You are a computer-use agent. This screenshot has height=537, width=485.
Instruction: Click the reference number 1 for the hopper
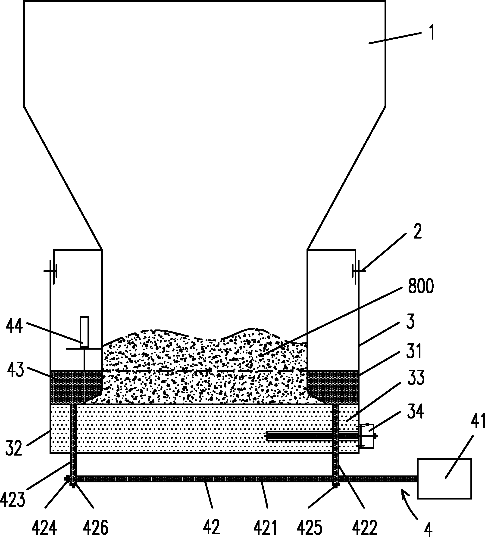pos(431,32)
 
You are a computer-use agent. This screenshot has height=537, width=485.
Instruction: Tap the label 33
pos(416,378)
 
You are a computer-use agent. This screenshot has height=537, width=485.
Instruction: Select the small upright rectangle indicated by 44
pos(84,332)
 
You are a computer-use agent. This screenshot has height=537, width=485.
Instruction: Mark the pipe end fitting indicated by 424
pos(67,479)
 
